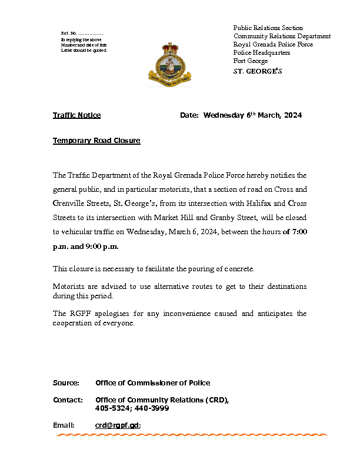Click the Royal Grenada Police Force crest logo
[x=169, y=65]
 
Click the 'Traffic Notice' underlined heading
[x=76, y=115]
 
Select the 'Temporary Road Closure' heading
[x=96, y=141]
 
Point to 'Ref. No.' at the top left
[x=69, y=33]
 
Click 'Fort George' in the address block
[x=250, y=61]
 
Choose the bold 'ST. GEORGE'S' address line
[x=258, y=72]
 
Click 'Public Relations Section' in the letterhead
[x=268, y=28]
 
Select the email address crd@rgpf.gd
[x=117, y=425]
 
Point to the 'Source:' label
[x=66, y=383]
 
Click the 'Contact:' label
[x=67, y=400]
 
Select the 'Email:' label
[x=64, y=425]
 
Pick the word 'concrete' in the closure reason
[x=236, y=269]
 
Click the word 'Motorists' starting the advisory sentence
[x=69, y=287]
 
